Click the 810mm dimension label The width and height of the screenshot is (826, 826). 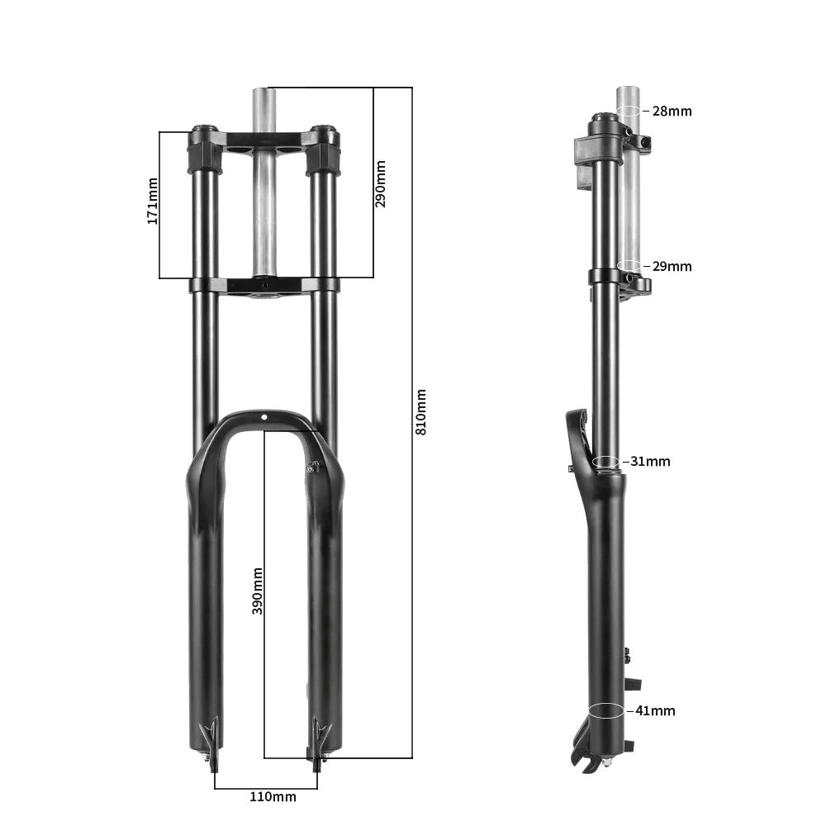(x=421, y=412)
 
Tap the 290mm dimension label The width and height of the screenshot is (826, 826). (x=381, y=183)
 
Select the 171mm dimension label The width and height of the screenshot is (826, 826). (x=152, y=200)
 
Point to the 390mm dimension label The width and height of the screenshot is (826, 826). (x=258, y=591)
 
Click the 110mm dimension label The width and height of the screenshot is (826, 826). (x=273, y=797)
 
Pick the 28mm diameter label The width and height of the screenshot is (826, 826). (x=672, y=111)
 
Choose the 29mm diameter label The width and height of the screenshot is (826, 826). (x=672, y=267)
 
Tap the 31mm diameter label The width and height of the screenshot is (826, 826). (x=650, y=461)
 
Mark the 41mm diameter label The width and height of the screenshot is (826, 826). (x=655, y=710)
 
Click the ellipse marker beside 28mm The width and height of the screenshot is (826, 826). (x=629, y=111)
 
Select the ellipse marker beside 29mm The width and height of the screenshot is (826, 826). (x=629, y=266)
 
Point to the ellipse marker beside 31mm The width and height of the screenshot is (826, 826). (x=606, y=461)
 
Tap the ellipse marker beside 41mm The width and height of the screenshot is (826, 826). (x=606, y=710)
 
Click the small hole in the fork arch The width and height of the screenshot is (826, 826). (x=264, y=419)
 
